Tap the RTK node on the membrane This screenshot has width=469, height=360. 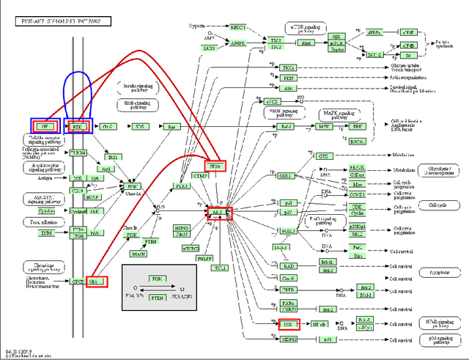pyautogui.click(x=77, y=126)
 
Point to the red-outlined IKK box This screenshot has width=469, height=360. pyautogui.click(x=289, y=323)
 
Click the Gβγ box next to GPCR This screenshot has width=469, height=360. pyautogui.click(x=96, y=281)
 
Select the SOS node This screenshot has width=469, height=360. pyautogui.click(x=139, y=126)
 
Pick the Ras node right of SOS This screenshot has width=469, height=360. pyautogui.click(x=172, y=126)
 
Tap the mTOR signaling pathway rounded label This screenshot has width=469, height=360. pyautogui.click(x=304, y=29)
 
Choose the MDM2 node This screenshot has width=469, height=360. pyautogui.click(x=289, y=340)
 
